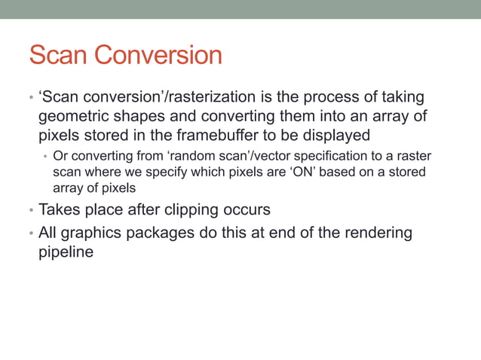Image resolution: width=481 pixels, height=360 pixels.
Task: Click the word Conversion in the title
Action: [x=161, y=55]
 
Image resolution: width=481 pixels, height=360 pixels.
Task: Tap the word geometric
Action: [x=74, y=117]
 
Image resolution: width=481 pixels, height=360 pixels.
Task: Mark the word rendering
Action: [x=377, y=233]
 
